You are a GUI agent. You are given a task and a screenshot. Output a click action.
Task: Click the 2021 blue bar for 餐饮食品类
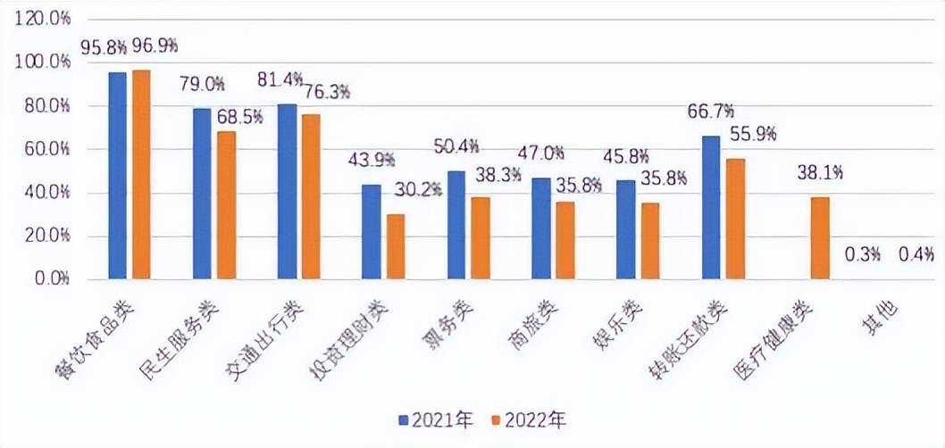pyautogui.click(x=117, y=175)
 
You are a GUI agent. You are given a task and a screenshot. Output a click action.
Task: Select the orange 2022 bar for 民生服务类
pyautogui.click(x=225, y=205)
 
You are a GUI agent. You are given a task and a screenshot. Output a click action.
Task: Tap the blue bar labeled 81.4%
pyautogui.click(x=287, y=191)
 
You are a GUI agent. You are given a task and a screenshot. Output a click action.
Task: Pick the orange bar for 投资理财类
pyautogui.click(x=395, y=246)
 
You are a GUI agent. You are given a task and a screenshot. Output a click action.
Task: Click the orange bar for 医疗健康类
pyautogui.click(x=818, y=237)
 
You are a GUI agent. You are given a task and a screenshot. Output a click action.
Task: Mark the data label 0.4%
pyautogui.click(x=915, y=254)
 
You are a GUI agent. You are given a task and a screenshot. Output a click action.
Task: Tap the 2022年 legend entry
pyautogui.click(x=531, y=419)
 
